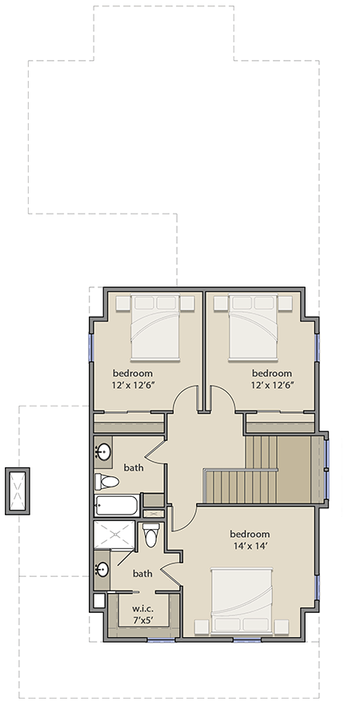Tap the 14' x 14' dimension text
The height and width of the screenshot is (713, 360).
click(x=250, y=548)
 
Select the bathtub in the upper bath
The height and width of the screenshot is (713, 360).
click(x=117, y=505)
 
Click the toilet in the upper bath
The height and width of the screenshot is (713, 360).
click(x=107, y=482)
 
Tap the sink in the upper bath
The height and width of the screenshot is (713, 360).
click(x=103, y=453)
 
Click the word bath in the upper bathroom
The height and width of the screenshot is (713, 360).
click(x=134, y=467)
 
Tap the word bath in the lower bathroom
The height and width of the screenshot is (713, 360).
click(x=142, y=574)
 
